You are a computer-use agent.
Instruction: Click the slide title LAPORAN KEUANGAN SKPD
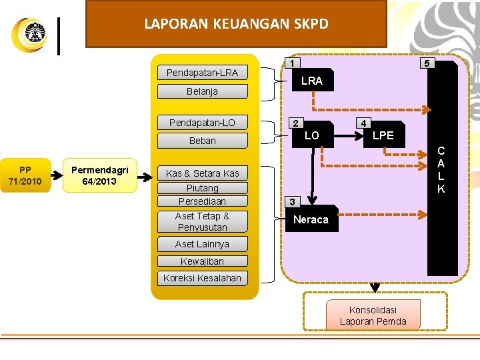point(236,24)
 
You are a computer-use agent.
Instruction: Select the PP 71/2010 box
point(25,175)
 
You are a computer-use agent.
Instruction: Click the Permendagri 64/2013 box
point(99,175)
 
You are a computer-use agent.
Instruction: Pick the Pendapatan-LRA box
point(202,73)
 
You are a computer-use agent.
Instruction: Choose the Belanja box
point(202,91)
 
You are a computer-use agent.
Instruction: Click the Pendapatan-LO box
point(202,123)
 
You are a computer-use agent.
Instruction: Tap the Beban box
point(202,141)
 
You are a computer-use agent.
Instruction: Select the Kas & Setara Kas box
point(202,173)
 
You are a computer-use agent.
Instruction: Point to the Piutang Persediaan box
point(202,195)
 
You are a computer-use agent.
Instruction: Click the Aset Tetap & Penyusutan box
point(202,221)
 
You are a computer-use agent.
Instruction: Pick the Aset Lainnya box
point(202,244)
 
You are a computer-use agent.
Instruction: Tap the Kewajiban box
point(202,261)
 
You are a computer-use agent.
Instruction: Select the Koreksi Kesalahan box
point(202,278)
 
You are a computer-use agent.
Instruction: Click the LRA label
point(311,81)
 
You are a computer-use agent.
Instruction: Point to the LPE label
point(383,135)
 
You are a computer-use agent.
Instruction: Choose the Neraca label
point(311,219)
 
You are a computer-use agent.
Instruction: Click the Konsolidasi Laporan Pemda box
point(373,315)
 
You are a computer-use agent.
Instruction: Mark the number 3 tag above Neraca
point(291,201)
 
